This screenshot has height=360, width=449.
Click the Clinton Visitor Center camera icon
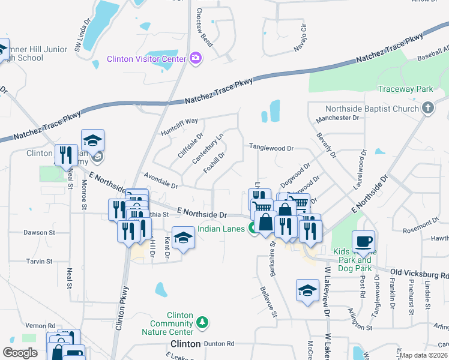pyautogui.click(x=195, y=58)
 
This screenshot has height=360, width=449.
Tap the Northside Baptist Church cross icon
pyautogui.click(x=427, y=109)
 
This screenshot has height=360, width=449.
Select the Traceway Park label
pyautogui.click(x=405, y=89)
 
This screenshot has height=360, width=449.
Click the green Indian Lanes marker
pyautogui.click(x=254, y=229)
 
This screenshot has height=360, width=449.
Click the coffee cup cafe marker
pyautogui.click(x=363, y=242)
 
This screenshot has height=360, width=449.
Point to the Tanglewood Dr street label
pyautogui.click(x=271, y=148)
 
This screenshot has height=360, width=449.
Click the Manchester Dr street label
pyautogui.click(x=337, y=118)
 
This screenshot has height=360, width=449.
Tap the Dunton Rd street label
pyautogui.click(x=221, y=344)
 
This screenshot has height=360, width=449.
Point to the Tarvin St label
pyautogui.click(x=40, y=262)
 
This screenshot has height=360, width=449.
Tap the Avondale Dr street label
pyautogui.click(x=161, y=181)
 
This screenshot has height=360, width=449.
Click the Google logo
pyautogui.click(x=20, y=352)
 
